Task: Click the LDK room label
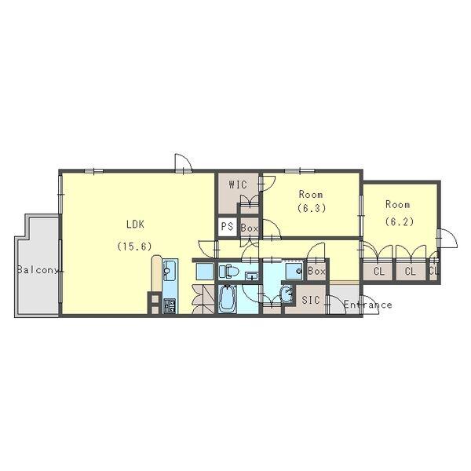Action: (x=136, y=225)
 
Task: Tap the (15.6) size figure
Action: (x=134, y=246)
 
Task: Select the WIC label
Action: (x=238, y=184)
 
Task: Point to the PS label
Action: (x=228, y=226)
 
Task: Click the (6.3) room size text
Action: (x=312, y=208)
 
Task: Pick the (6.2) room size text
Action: (x=400, y=221)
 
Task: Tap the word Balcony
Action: (x=38, y=270)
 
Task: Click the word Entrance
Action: (x=367, y=305)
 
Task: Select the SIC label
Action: (x=311, y=300)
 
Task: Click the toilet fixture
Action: (x=229, y=272)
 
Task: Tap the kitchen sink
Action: (x=170, y=270)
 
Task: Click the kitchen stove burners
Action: (x=170, y=306)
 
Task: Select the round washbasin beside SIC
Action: (x=286, y=294)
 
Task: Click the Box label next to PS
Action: (x=250, y=228)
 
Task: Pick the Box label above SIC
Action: (x=316, y=272)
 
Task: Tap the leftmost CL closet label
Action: (x=379, y=272)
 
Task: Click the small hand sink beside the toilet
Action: (x=252, y=276)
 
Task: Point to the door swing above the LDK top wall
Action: (x=184, y=162)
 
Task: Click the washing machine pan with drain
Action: (x=294, y=272)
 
